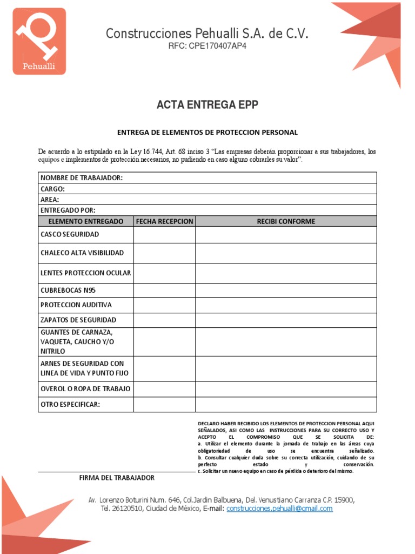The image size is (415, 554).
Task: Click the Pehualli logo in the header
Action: click(x=39, y=41)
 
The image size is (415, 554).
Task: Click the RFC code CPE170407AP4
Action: click(x=207, y=46)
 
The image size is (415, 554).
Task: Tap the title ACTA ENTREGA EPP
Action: click(x=207, y=105)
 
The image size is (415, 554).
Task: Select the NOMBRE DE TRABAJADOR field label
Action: click(x=82, y=178)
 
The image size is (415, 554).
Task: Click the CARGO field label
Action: click(x=53, y=189)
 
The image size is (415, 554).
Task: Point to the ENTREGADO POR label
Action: click(x=68, y=210)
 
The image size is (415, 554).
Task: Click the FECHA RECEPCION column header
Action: click(x=164, y=221)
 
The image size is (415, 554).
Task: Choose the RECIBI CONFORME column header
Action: click(x=286, y=221)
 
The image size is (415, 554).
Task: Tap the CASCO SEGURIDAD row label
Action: click(x=70, y=235)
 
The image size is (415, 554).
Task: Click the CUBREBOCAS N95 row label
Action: click(x=68, y=291)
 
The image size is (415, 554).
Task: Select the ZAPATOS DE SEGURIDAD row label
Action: click(x=78, y=320)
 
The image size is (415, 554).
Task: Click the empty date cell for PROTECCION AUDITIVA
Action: click(x=164, y=305)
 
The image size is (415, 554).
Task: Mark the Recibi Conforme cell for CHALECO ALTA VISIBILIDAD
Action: click(x=286, y=253)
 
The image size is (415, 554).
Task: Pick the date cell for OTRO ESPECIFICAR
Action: click(x=164, y=405)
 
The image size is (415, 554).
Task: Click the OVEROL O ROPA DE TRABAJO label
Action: click(x=85, y=389)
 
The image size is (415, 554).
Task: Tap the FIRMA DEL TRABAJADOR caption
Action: click(x=117, y=478)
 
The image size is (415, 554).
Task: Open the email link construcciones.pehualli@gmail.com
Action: click(x=279, y=509)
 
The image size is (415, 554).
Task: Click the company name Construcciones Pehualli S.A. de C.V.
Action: click(x=207, y=34)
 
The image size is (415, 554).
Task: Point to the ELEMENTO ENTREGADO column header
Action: click(x=86, y=221)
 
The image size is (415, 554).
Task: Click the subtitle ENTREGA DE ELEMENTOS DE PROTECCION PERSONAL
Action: click(x=207, y=133)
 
